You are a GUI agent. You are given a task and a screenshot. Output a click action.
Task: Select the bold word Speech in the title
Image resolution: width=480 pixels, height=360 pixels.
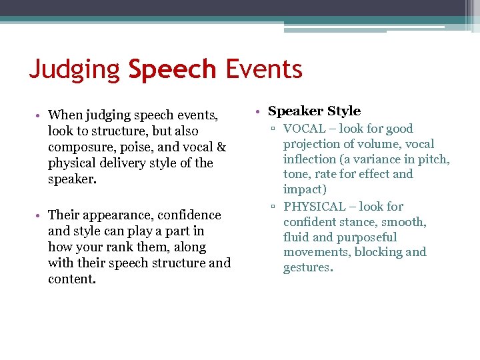[172, 69]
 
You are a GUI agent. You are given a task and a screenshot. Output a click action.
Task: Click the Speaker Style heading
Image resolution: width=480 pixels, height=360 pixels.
[314, 111]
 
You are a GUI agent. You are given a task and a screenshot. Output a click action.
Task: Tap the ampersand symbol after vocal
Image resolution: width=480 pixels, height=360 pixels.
[221, 147]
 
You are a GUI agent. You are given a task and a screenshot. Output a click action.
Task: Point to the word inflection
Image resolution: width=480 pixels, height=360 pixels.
[310, 159]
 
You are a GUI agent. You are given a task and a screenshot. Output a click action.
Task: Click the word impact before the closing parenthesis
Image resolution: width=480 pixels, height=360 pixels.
[303, 189]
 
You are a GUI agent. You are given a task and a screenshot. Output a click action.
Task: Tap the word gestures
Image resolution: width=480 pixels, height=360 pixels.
[307, 267]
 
